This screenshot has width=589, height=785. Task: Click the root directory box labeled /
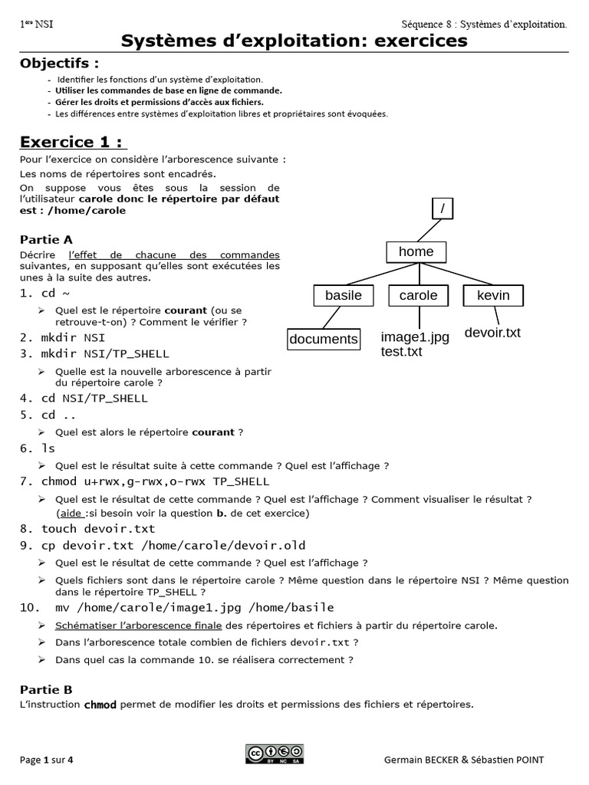pos(443,209)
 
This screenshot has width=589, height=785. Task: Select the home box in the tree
pos(416,252)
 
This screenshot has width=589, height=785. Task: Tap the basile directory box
pos(343,296)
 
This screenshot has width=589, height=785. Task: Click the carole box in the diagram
pos(418,296)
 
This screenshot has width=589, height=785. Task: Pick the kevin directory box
pos(493,296)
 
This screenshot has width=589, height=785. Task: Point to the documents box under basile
pos(324,339)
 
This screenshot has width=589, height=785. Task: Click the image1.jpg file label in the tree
pos(415,337)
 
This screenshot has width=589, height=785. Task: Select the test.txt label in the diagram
pos(401,352)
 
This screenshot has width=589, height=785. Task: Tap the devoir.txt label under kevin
pos(492,333)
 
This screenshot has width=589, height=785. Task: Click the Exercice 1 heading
pos(73,142)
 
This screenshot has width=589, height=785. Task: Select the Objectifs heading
pos(59,63)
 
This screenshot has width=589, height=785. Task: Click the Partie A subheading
pos(46,239)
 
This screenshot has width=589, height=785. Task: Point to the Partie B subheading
pos(46,689)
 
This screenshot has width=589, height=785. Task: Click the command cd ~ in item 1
pos(50,294)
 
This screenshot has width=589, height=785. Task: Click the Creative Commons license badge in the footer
pos(275,754)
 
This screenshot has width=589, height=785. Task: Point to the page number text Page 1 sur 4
pos(47,760)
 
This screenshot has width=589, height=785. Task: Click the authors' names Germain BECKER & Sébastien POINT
pos(475,760)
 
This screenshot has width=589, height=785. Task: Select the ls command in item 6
pos(48,448)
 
